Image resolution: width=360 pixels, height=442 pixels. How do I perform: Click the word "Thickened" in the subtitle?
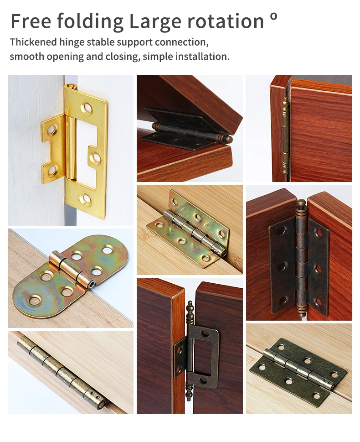point(33,42)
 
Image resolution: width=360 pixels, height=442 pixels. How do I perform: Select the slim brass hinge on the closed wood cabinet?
point(285,137)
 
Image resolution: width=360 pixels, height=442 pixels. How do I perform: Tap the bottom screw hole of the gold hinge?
point(86,199)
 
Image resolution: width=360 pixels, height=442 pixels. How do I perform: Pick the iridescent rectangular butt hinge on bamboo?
point(191,228)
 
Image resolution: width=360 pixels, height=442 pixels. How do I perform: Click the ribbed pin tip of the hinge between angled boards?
point(228,139)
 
